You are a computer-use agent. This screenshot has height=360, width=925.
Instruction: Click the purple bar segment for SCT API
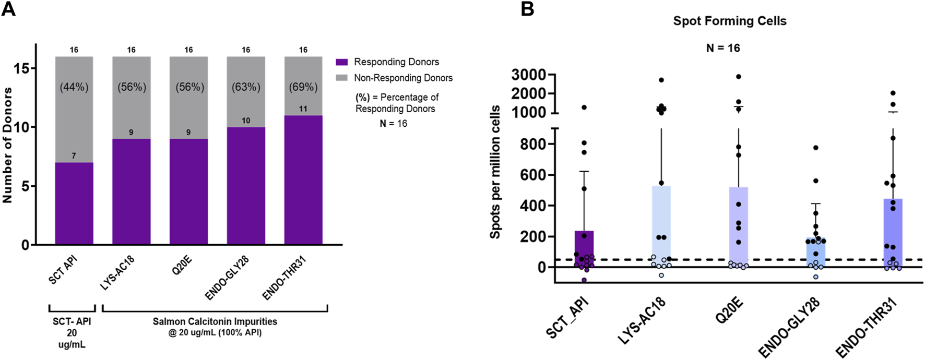coord(74,203)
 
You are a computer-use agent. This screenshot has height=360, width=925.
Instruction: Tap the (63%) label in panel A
coord(246,87)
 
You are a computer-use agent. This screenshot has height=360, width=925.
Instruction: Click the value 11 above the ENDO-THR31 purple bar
coord(303,109)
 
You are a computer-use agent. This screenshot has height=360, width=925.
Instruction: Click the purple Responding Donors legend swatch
coord(341,62)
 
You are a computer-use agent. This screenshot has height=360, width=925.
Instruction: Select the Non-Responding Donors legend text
coord(403,78)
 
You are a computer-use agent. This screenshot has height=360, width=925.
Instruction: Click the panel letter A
coord(8,9)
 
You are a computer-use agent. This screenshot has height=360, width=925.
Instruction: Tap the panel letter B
coord(527,9)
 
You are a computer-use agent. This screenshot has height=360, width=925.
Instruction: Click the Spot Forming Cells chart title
coord(729,21)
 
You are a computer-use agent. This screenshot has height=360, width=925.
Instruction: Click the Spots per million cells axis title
coord(495,172)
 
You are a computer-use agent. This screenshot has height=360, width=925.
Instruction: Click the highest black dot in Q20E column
coord(739,77)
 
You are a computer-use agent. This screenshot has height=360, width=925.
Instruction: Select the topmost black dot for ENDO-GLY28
coord(815,148)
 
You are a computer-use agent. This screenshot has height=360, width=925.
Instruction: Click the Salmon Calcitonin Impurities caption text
coord(215,321)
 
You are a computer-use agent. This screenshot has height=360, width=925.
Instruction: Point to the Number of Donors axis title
coord(7,145)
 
